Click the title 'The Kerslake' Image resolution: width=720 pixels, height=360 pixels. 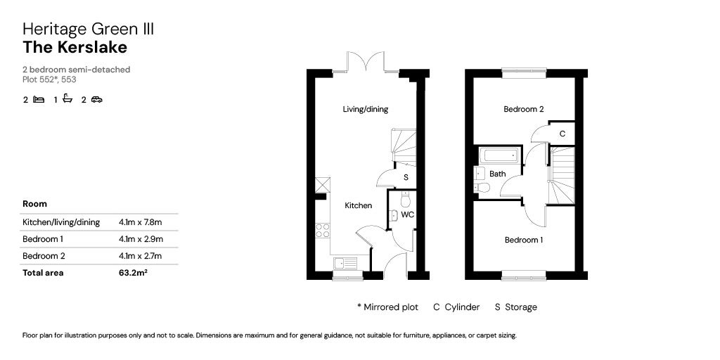point(75,48)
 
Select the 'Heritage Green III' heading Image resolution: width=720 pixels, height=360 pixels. point(88,29)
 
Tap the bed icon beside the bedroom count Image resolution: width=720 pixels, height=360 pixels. point(39,100)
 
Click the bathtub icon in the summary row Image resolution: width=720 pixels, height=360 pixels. point(67,99)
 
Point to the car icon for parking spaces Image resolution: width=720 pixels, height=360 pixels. point(96,100)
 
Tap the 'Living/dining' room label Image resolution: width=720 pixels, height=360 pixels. point(365,109)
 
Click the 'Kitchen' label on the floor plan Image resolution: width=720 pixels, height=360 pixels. point(358,205)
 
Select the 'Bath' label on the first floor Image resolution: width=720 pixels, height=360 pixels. point(497,174)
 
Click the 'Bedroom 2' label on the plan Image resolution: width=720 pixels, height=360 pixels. point(524,109)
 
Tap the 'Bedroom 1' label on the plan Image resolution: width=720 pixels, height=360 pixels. point(524,240)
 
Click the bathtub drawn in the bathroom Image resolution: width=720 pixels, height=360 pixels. point(500,155)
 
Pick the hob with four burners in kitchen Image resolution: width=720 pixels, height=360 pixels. point(323,231)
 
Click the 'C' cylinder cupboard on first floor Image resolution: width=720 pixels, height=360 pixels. point(562,133)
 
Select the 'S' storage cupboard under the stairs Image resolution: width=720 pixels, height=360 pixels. point(406,177)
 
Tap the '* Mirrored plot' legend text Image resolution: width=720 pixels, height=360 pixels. point(387,307)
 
